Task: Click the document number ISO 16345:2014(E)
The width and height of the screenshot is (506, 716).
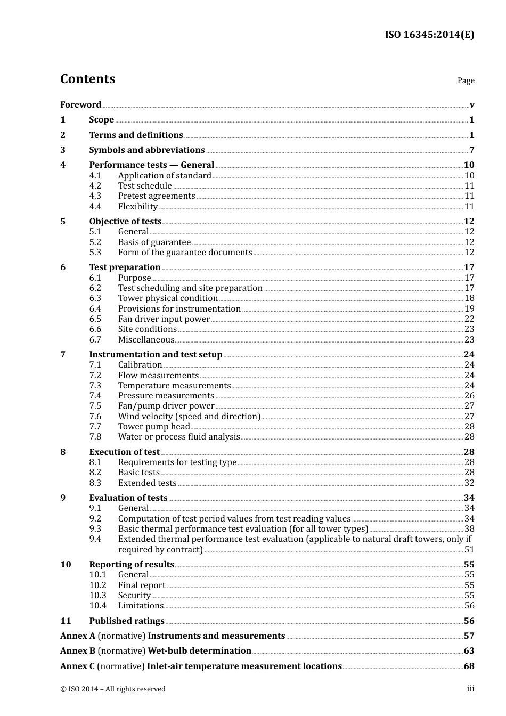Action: pyautogui.click(x=429, y=35)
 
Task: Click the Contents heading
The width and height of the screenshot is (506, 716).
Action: pyautogui.click(x=88, y=79)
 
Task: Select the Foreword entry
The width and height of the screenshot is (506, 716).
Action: pyautogui.click(x=80, y=105)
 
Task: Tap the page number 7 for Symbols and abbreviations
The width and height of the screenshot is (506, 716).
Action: pyautogui.click(x=471, y=150)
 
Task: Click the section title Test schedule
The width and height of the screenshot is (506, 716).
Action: pyautogui.click(x=145, y=186)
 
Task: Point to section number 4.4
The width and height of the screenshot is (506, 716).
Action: pyautogui.click(x=95, y=207)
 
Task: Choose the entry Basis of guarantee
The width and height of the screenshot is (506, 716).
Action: pyautogui.click(x=154, y=242)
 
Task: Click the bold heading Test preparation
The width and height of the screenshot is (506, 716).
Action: pyautogui.click(x=125, y=267)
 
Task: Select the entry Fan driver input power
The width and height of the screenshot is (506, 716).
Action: pyautogui.click(x=164, y=319)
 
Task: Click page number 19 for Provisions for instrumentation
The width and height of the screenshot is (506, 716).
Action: pyautogui.click(x=469, y=309)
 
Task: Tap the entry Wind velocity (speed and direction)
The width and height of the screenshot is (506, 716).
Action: pyautogui.click(x=189, y=417)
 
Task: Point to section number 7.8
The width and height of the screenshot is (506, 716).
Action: pyautogui.click(x=95, y=437)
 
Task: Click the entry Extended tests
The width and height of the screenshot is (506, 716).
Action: pyautogui.click(x=147, y=483)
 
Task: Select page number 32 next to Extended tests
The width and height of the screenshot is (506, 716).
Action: pyautogui.click(x=469, y=483)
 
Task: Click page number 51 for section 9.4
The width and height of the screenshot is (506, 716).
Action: pyautogui.click(x=469, y=550)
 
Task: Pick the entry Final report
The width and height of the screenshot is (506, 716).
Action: pyautogui.click(x=142, y=585)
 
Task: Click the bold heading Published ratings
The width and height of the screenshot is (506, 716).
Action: pyautogui.click(x=127, y=621)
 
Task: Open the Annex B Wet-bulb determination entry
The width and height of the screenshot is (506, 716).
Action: pyautogui.click(x=156, y=651)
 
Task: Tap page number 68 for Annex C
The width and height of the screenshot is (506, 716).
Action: pyautogui.click(x=469, y=666)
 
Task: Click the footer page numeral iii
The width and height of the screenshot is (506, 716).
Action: pyautogui.click(x=470, y=689)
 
